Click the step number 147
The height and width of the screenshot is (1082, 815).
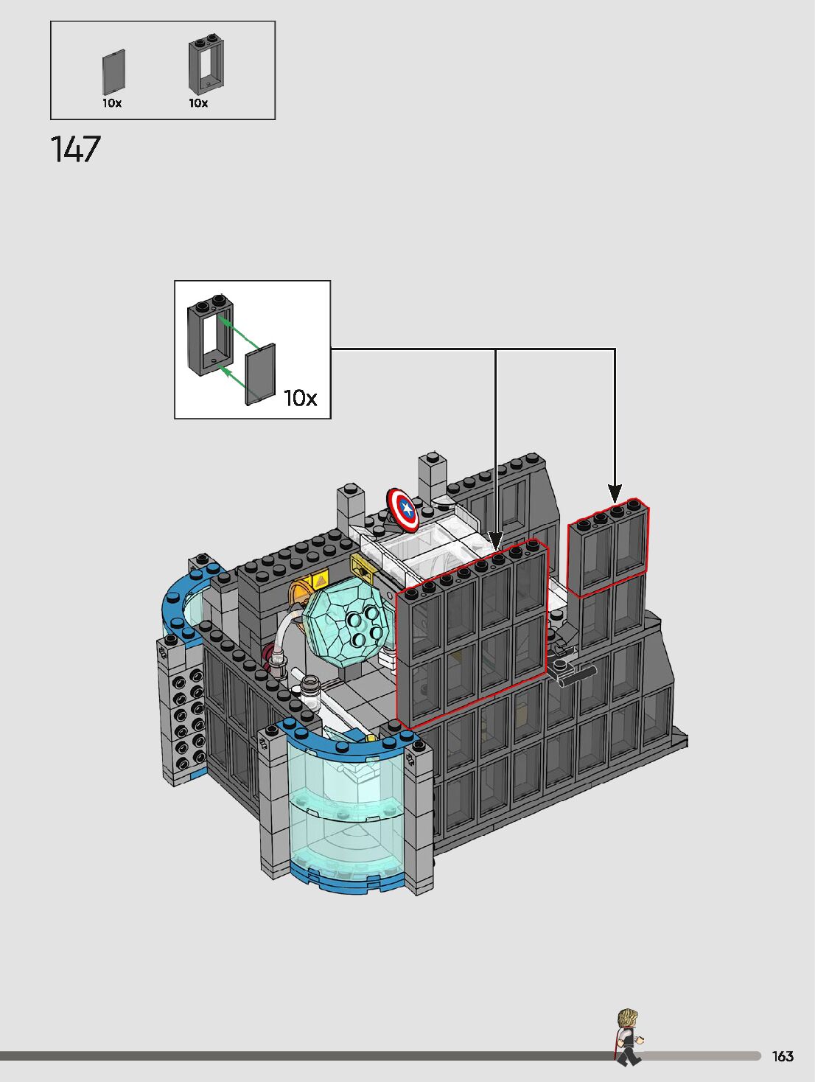[x=75, y=149]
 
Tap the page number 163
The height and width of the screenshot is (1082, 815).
[x=783, y=1056]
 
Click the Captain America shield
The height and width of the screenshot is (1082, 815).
[x=402, y=509]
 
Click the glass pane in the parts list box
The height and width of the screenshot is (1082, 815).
[x=113, y=72]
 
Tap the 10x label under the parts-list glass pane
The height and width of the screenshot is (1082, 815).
[x=112, y=103]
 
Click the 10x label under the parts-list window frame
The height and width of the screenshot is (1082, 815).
[x=198, y=103]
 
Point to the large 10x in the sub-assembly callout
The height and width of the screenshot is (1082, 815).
[x=300, y=398]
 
